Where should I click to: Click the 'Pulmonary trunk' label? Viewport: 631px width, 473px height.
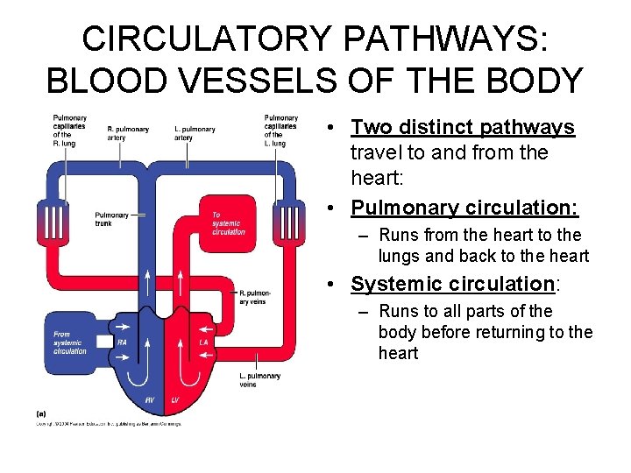point(111,219)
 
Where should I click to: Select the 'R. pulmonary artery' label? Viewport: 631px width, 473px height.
point(128,133)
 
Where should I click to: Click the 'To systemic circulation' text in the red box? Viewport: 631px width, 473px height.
point(229,223)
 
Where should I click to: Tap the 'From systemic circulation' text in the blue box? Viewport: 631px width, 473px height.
point(69,342)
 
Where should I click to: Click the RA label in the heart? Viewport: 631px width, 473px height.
point(122,342)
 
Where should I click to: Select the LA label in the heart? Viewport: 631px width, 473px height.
point(203,342)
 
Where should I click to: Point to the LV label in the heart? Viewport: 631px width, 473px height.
point(174,399)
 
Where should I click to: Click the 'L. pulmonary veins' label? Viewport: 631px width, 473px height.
point(259,379)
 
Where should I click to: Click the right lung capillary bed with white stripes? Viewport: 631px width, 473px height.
point(52,219)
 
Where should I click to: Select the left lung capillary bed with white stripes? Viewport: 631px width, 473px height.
point(287,219)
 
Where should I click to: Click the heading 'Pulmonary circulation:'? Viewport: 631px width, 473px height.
point(464,208)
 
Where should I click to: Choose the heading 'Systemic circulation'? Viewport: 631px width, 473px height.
point(451,284)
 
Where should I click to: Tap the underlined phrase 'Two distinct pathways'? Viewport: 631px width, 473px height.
point(462,127)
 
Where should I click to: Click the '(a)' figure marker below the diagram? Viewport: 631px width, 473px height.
point(41,413)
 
